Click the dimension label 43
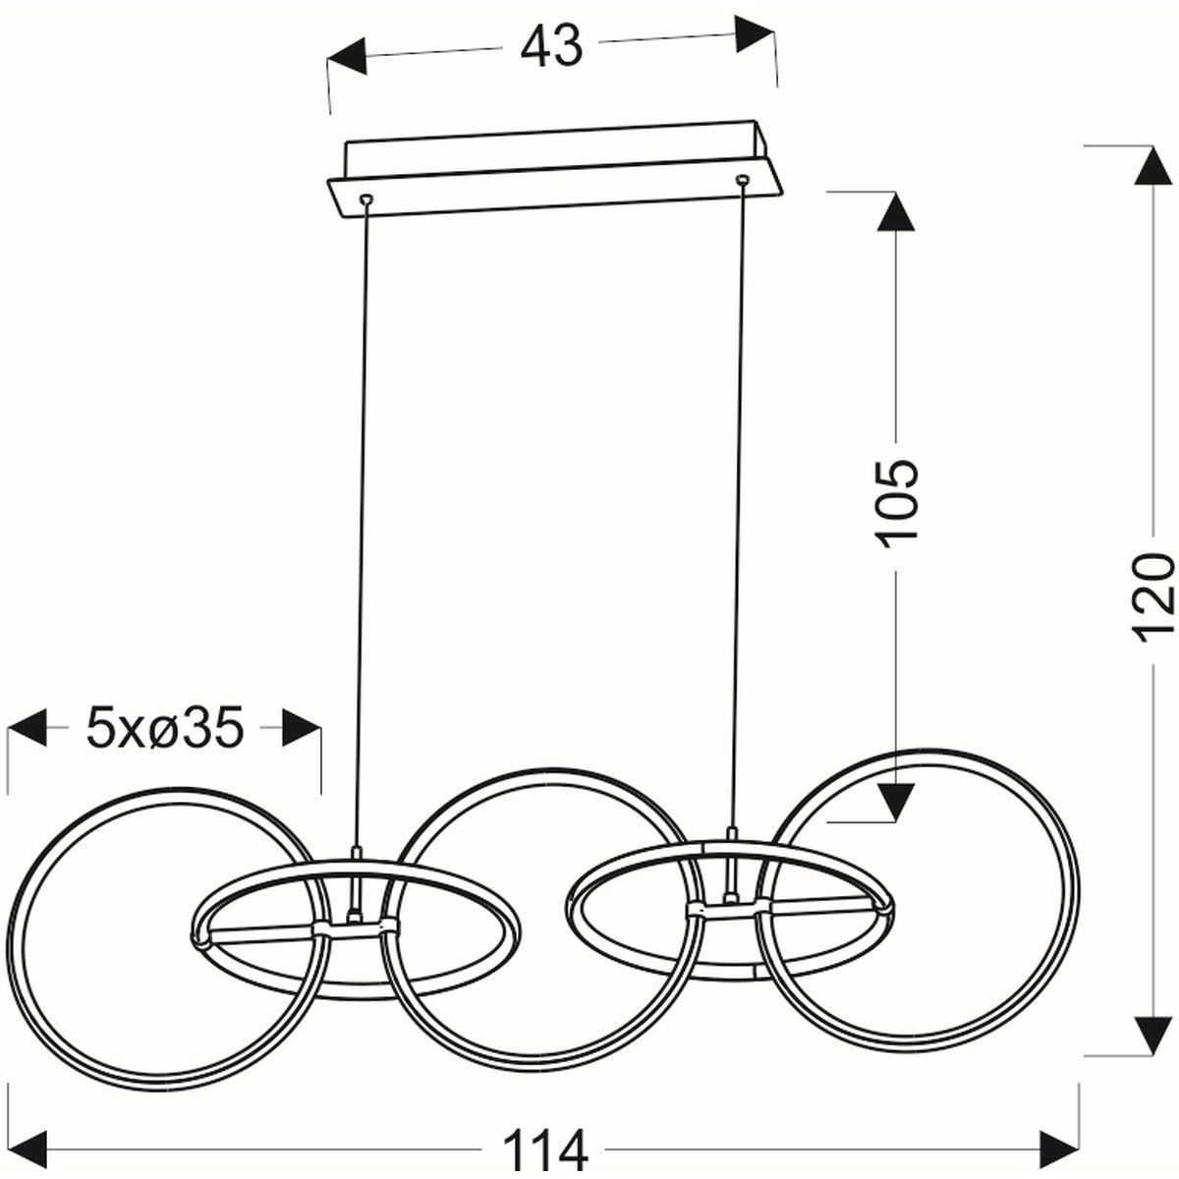point(550,47)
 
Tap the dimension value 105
point(897,500)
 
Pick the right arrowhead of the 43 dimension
point(755,34)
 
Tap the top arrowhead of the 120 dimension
point(1153,165)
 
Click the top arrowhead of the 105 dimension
point(896,211)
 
